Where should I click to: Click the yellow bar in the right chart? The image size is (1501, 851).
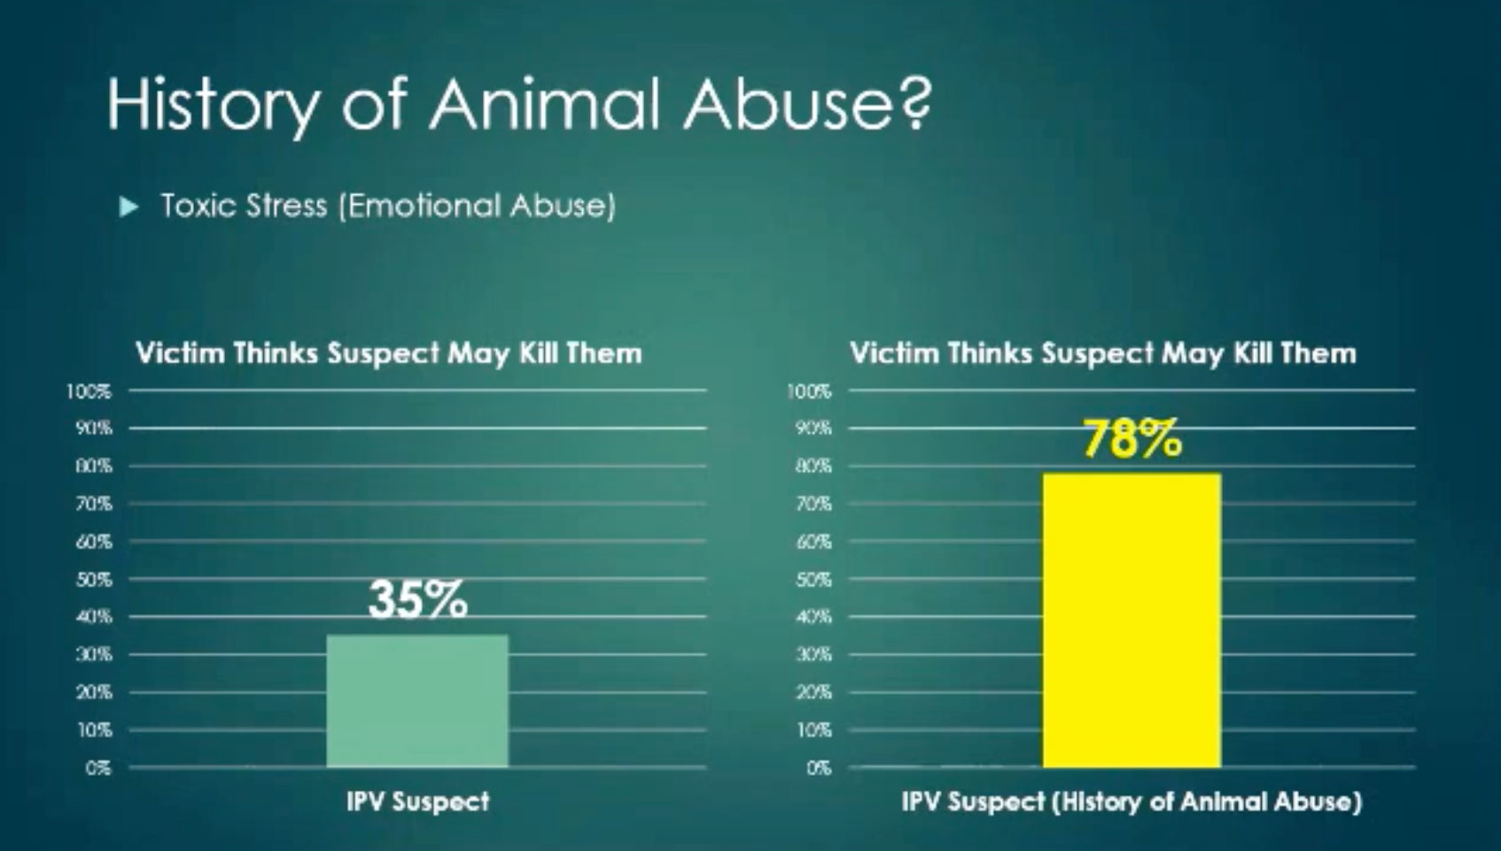click(x=1132, y=621)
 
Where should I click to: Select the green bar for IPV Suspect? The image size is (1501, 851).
click(x=417, y=701)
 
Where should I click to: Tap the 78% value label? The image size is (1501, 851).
click(x=1132, y=440)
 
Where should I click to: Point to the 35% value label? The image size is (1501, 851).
click(x=417, y=599)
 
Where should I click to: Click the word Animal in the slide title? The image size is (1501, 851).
click(x=544, y=103)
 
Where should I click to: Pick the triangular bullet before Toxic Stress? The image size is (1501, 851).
click(x=128, y=207)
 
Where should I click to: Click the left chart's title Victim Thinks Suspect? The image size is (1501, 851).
click(x=287, y=353)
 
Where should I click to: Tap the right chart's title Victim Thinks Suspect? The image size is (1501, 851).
click(x=1002, y=353)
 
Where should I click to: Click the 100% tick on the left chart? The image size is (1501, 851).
click(x=89, y=391)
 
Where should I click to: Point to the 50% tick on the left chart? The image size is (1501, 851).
click(x=94, y=580)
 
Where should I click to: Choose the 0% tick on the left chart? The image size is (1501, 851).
click(x=97, y=768)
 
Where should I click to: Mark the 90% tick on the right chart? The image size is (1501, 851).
click(x=813, y=428)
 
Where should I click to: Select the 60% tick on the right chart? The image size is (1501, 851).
click(x=813, y=541)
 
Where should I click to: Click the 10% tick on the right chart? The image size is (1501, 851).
click(x=813, y=730)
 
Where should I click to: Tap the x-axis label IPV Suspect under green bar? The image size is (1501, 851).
click(x=418, y=801)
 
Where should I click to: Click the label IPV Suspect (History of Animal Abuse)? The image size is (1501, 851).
click(x=1132, y=801)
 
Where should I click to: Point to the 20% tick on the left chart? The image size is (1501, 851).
click(x=94, y=692)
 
